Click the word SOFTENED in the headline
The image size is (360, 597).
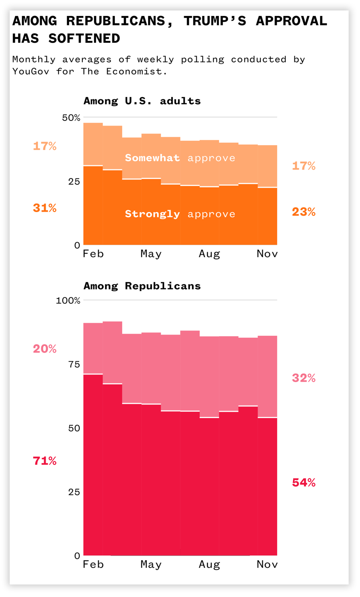pos(84,38)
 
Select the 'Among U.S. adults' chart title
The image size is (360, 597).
pos(142,101)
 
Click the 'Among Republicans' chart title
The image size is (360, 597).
pos(142,286)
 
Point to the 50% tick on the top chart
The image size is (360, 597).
pos(71,118)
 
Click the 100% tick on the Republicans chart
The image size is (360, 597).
pos(68,301)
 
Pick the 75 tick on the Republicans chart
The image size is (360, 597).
pos(74,364)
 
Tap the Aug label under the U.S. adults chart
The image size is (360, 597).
pos(209,254)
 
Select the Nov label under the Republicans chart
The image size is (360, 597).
pos(267,565)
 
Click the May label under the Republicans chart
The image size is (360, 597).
pos(151,565)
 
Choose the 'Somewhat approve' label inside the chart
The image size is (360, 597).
pos(180,158)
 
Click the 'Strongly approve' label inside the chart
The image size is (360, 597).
pos(180,214)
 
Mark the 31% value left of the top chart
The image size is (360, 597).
pos(44,208)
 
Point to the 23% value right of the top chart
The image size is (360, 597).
pos(304,212)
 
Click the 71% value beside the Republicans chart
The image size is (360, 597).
pos(44,461)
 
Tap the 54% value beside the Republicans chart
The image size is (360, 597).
pos(304,483)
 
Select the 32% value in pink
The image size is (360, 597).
pos(304,378)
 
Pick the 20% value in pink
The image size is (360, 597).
pos(44,349)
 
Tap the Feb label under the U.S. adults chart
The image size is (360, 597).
pos(93,254)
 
